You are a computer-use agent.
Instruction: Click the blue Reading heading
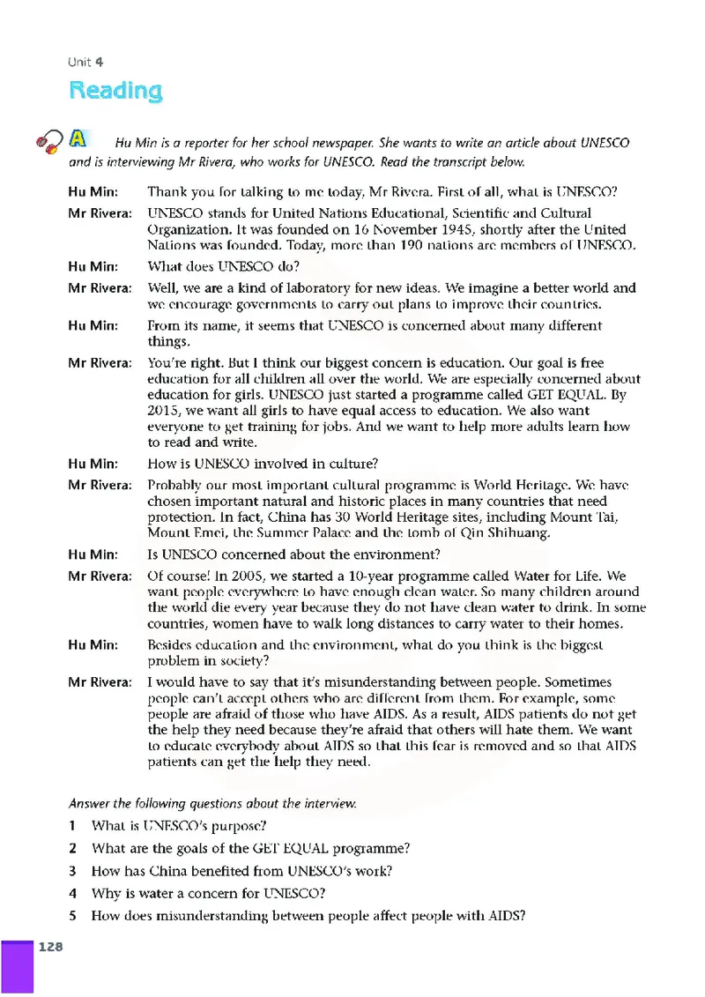point(115,91)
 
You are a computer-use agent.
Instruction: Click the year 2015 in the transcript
point(164,411)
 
